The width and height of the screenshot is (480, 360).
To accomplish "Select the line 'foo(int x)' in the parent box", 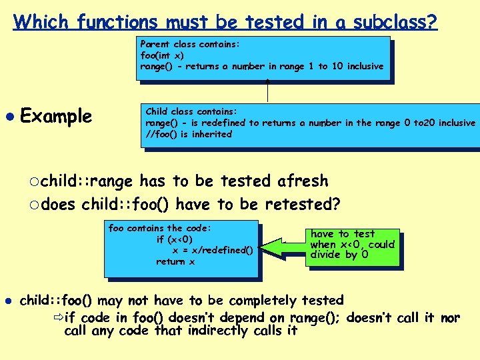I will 162,55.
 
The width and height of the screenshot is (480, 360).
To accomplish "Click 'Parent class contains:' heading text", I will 190,44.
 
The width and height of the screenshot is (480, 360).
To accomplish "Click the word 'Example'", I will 56,116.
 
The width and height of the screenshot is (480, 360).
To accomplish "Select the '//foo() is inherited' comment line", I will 189,134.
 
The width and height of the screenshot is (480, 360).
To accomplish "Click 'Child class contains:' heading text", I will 191,111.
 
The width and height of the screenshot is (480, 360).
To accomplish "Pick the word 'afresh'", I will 303,181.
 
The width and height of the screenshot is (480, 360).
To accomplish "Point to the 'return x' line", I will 175,261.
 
